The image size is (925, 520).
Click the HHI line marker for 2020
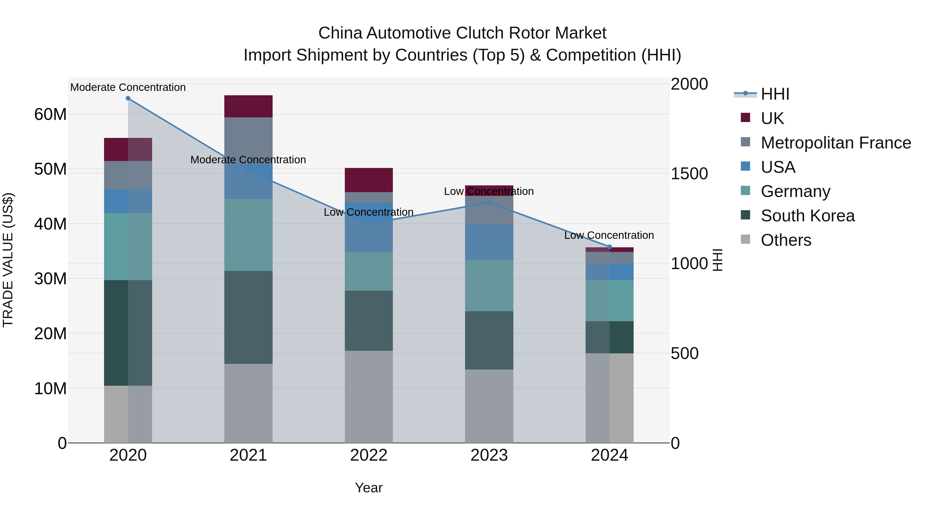(128, 98)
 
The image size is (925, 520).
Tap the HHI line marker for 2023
(489, 203)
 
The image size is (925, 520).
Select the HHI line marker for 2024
(609, 247)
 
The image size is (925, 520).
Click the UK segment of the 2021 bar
(248, 106)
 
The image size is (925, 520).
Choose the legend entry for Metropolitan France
(836, 143)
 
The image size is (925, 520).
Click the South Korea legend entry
(808, 216)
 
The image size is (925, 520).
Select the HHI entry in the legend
(775, 94)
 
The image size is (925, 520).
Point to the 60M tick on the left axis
(50, 115)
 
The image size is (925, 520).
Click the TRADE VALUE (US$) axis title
(8, 260)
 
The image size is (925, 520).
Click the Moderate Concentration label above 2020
(128, 87)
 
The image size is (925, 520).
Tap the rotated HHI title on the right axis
(717, 260)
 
